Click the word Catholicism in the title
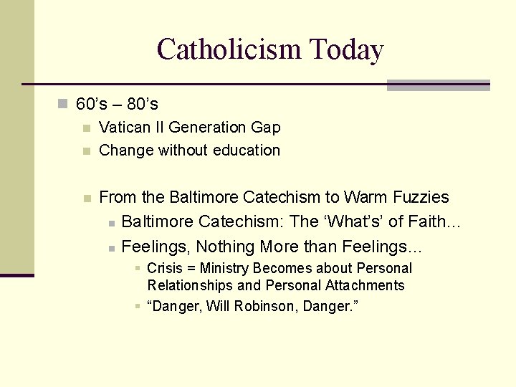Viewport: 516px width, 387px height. point(229,50)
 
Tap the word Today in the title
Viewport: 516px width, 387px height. point(346,50)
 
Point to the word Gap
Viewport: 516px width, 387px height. point(266,128)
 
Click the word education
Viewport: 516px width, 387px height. point(246,150)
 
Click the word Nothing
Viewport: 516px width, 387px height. point(226,247)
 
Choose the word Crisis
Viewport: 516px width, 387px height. point(166,269)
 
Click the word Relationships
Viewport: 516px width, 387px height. point(190,285)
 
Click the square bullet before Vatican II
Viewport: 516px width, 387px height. point(86,128)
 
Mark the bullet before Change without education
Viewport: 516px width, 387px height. point(86,151)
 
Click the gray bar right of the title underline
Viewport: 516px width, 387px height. point(438,85)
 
